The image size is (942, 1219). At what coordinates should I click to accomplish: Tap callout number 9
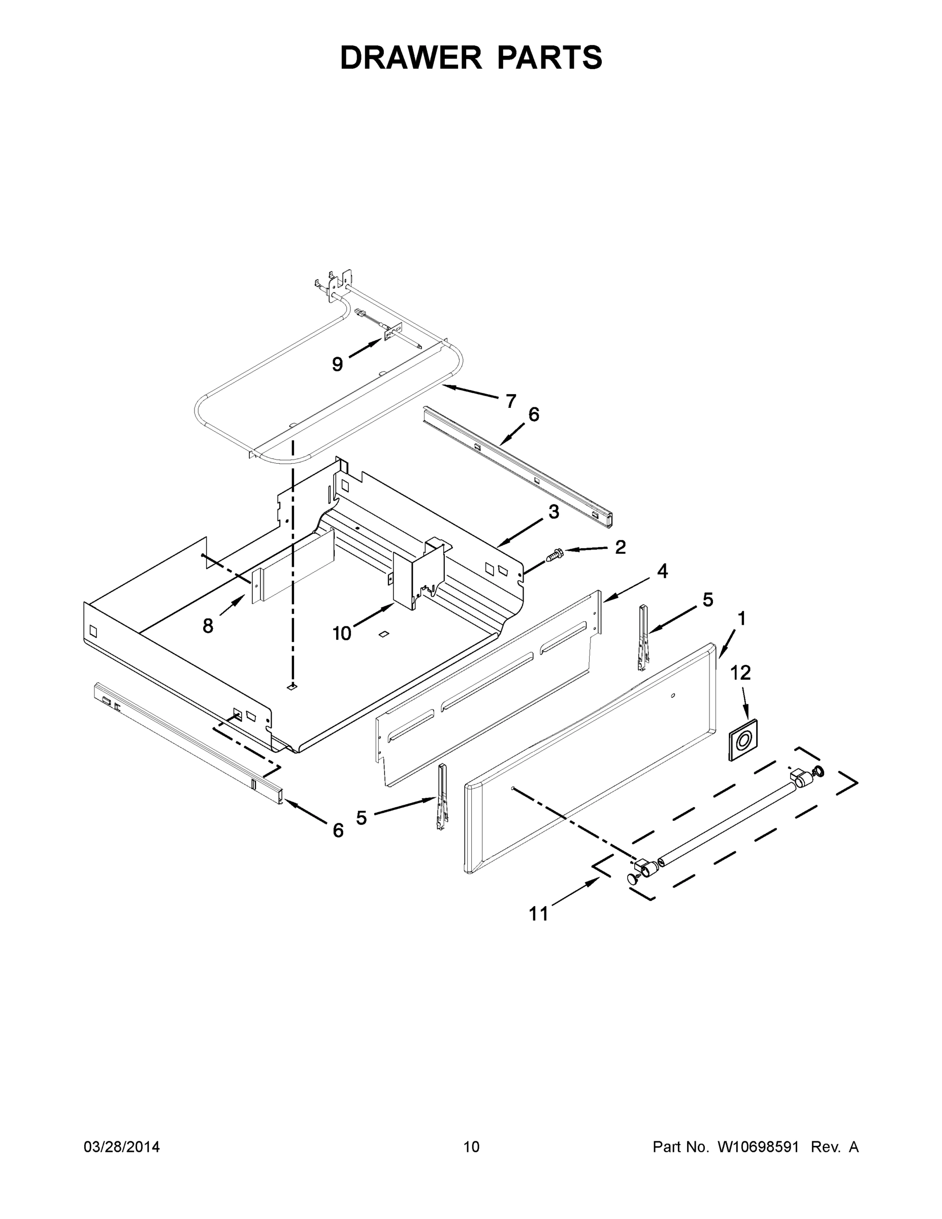click(337, 365)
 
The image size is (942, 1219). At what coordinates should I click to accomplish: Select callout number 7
click(511, 401)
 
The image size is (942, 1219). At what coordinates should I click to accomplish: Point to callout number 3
click(553, 511)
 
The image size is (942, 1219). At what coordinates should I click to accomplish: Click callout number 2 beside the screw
click(620, 547)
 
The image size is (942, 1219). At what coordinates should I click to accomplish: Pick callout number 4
click(662, 571)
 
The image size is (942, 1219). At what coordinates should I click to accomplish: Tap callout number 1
click(741, 619)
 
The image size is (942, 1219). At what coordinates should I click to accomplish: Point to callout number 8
click(208, 626)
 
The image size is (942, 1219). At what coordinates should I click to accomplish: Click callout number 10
click(342, 633)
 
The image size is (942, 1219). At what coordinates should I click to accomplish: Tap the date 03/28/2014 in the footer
click(122, 1146)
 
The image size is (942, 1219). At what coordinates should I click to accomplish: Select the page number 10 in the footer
click(471, 1146)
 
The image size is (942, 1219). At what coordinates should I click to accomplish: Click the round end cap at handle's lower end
click(632, 879)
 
